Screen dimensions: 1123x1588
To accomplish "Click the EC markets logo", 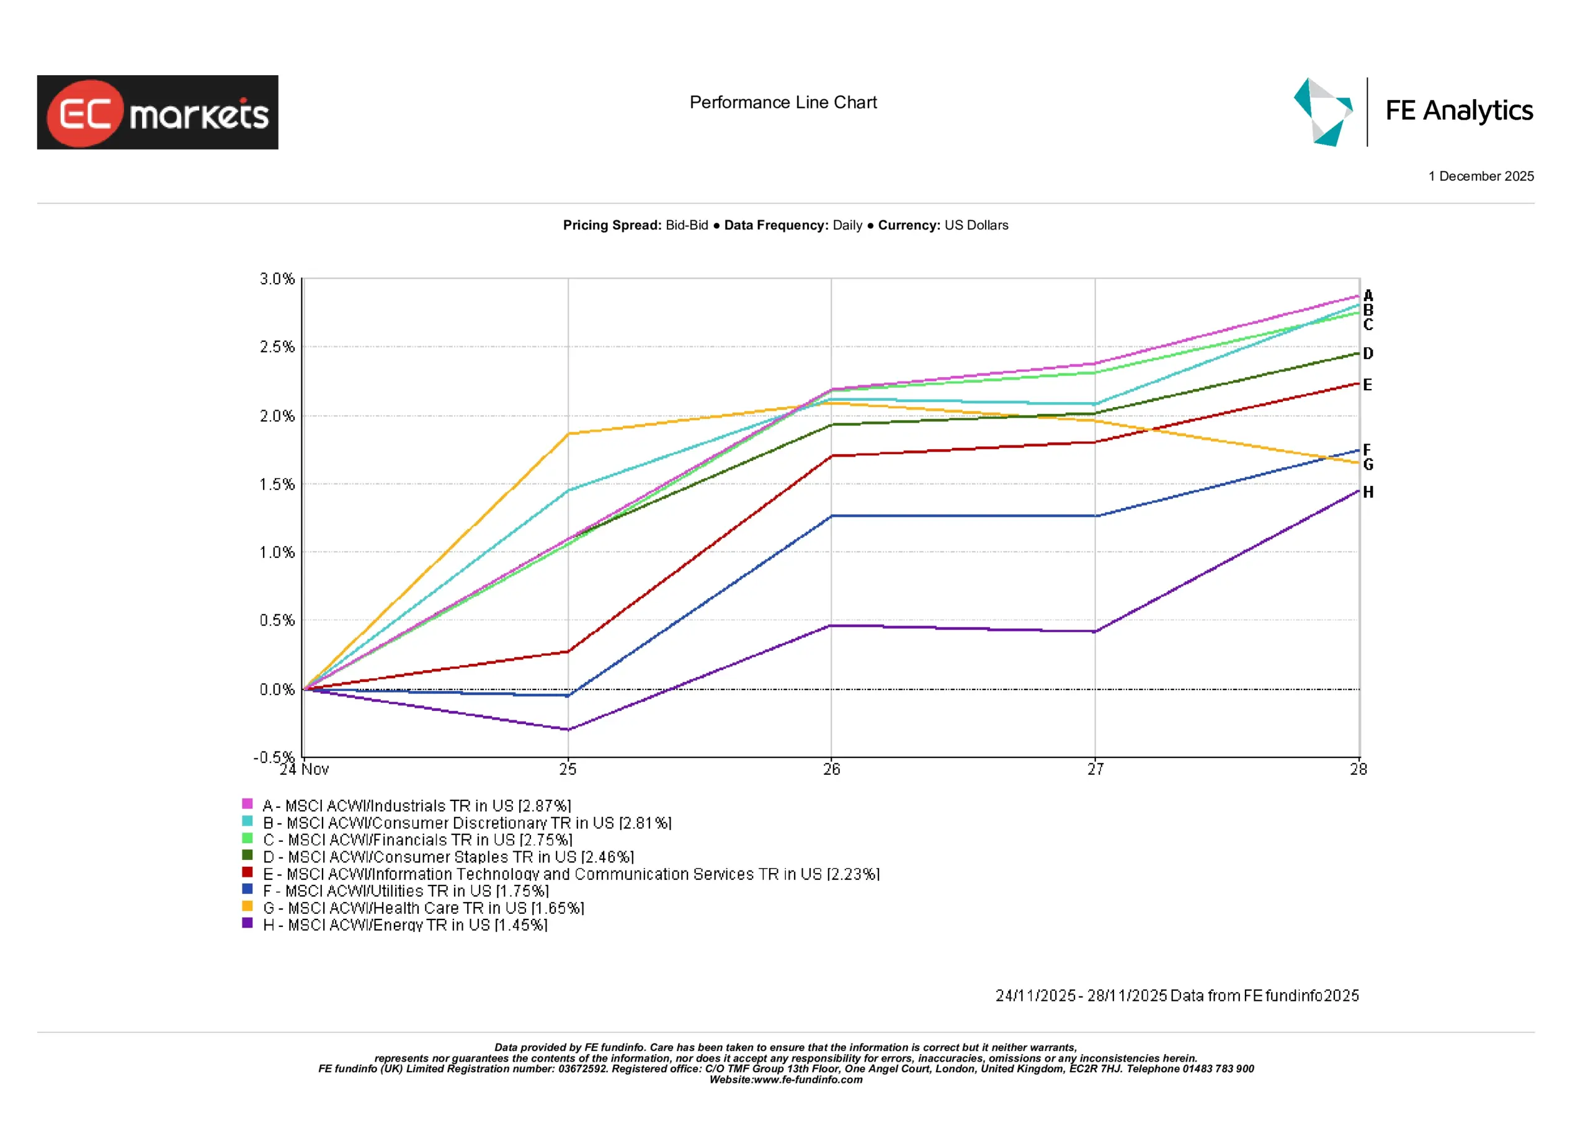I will click(158, 112).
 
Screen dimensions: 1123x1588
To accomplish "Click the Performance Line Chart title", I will click(783, 102).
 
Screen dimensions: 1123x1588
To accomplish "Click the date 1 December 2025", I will click(1481, 176).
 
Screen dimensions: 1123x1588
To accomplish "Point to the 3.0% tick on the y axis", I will click(277, 279).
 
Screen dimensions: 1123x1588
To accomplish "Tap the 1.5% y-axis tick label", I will click(277, 485).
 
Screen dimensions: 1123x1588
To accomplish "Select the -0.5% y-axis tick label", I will click(274, 757).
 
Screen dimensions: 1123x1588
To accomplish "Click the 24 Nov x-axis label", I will click(305, 769).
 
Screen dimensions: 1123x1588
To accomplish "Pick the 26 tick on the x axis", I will click(831, 769).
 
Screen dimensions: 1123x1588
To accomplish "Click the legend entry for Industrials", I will click(416, 805).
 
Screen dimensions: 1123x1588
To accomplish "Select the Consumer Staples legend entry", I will click(448, 857).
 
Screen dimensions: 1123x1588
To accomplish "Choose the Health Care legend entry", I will click(423, 908).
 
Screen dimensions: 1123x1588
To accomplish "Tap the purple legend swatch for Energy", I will click(248, 923).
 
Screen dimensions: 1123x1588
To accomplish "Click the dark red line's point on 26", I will click(831, 455).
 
